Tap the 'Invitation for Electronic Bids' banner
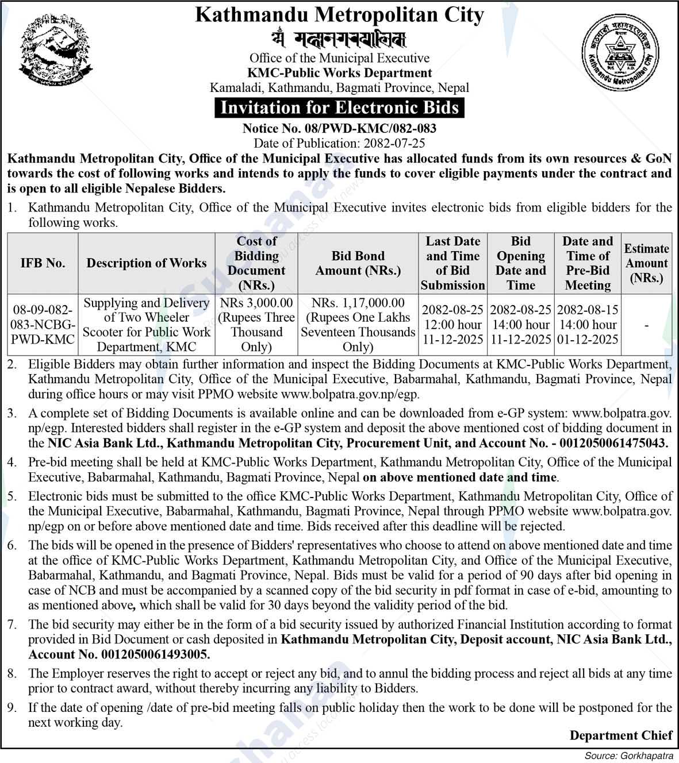[x=339, y=108]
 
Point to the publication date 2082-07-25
[x=392, y=143]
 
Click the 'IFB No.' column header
[x=43, y=263]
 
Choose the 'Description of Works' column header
[x=146, y=263]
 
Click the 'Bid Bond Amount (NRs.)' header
[x=358, y=263]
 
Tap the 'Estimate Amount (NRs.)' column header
[x=647, y=263]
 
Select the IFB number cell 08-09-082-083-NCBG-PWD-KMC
[x=43, y=325]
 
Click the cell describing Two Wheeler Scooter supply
[x=146, y=325]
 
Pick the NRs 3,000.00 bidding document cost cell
[x=256, y=325]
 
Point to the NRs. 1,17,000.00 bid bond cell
[x=358, y=325]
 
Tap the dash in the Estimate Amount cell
[x=647, y=325]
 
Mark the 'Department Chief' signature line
[x=620, y=735]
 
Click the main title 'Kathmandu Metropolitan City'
[x=339, y=15]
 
